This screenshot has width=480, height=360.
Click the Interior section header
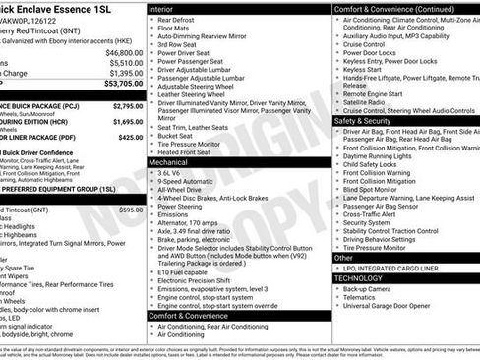coord(161,8)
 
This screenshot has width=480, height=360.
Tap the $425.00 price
coord(130,138)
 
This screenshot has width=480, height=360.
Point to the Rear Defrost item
coord(177,20)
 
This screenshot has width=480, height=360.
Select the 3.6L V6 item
coord(170,172)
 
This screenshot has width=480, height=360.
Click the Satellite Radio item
coord(364,100)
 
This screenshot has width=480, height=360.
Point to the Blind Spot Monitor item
coord(371,189)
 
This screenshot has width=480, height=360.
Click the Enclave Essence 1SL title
coord(60,9)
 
